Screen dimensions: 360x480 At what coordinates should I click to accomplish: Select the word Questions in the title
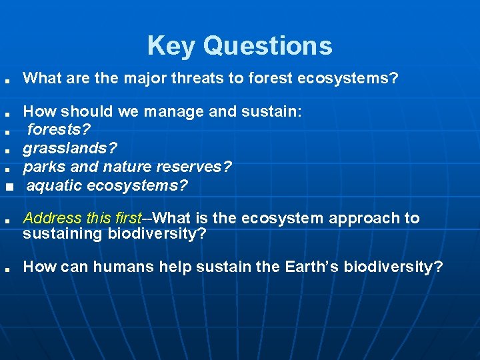pos(267,46)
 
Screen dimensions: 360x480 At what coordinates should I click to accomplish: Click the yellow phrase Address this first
pos(82,218)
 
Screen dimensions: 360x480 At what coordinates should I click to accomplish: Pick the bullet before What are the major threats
pos(6,81)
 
